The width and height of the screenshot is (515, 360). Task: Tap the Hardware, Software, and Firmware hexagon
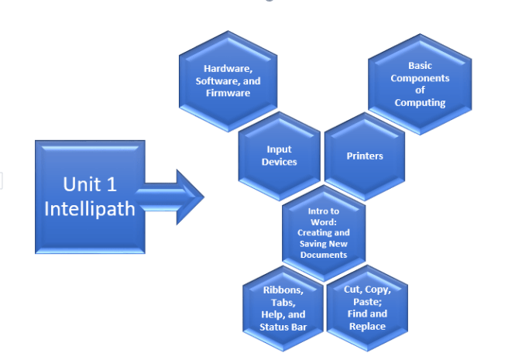click(228, 81)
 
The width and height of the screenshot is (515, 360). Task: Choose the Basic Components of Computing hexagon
click(420, 84)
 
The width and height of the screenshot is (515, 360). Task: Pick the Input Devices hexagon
click(279, 156)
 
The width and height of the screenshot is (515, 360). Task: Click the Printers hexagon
click(365, 156)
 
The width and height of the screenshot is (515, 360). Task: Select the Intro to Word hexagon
click(324, 232)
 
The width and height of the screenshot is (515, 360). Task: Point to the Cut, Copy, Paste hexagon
click(367, 308)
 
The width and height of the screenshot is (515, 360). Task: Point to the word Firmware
click(228, 94)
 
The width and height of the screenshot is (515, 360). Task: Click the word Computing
click(420, 103)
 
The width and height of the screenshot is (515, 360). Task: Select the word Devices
click(279, 162)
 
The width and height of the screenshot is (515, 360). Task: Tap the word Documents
click(324, 255)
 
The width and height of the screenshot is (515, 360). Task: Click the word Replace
click(367, 327)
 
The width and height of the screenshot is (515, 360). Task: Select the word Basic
click(420, 66)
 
